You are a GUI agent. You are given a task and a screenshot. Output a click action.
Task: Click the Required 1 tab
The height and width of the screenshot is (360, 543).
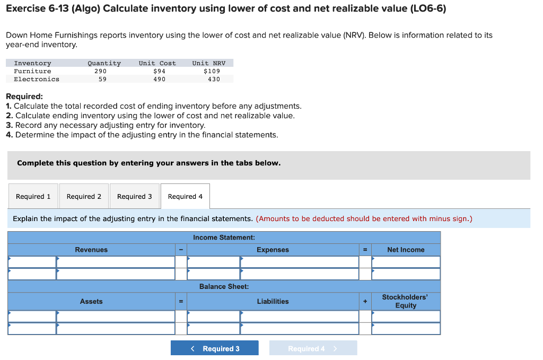tap(33, 197)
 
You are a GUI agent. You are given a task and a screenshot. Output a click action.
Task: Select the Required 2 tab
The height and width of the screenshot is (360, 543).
tap(84, 197)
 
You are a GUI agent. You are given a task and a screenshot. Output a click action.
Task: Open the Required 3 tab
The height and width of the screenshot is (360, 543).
tap(134, 197)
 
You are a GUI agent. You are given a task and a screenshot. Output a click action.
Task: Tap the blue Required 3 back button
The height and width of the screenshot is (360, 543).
tap(215, 348)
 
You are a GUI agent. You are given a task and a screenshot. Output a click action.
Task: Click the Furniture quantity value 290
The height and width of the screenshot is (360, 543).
tap(100, 71)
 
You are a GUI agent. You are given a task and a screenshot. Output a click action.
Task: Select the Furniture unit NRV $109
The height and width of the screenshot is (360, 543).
tap(212, 71)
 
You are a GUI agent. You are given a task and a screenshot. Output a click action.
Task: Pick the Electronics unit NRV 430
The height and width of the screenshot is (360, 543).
tap(214, 79)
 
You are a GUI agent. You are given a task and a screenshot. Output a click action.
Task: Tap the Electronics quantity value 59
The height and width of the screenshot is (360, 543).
tap(102, 79)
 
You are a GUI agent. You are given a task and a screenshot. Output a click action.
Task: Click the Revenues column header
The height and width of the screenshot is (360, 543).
tap(91, 250)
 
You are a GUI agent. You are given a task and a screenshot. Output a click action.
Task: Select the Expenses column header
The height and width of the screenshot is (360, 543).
tap(273, 250)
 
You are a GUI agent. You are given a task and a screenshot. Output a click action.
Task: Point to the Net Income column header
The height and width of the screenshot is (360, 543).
tap(406, 250)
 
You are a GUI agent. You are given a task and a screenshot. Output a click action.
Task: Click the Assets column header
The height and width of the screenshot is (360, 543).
tap(91, 301)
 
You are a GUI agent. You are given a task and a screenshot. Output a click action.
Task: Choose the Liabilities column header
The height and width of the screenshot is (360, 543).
tap(273, 301)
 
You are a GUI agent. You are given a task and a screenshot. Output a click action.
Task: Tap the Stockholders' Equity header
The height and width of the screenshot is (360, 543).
tap(406, 301)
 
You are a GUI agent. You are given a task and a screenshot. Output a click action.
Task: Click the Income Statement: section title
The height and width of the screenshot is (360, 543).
tap(224, 238)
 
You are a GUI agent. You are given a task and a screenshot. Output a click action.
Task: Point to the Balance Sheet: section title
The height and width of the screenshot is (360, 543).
tap(224, 286)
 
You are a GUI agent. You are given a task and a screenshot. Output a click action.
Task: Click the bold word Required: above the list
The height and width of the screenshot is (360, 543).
tap(24, 97)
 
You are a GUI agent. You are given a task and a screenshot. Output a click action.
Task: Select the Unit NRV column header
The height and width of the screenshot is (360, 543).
tap(209, 63)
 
